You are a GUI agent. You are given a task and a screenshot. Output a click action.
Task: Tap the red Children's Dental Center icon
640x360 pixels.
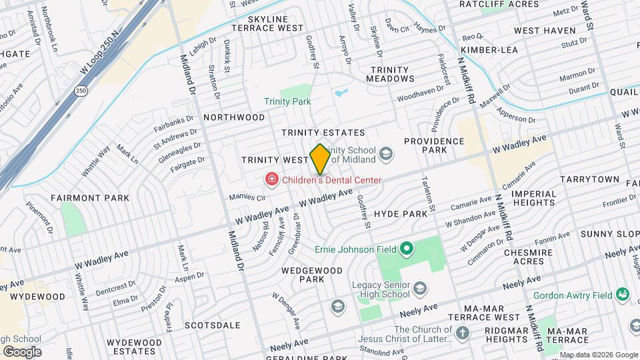(x=271, y=179)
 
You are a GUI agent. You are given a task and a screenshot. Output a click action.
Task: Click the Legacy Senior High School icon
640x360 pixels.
(x=420, y=288)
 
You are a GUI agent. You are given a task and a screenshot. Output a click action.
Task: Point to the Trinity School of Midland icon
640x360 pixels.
(x=385, y=155)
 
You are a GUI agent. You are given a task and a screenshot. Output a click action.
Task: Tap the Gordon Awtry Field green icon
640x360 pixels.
(x=623, y=293)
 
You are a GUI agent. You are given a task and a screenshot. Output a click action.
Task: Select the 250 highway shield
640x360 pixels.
(x=81, y=91)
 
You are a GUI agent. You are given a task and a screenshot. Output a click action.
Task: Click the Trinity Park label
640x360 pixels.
(x=287, y=101)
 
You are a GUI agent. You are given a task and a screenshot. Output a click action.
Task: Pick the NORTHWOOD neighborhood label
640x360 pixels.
(x=234, y=117)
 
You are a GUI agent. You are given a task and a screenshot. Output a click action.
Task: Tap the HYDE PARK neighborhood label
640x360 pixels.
(x=400, y=213)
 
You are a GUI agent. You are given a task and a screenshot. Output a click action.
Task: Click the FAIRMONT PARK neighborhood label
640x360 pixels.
(x=80, y=198)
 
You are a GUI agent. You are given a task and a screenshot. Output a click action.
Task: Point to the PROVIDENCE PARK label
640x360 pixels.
(x=434, y=146)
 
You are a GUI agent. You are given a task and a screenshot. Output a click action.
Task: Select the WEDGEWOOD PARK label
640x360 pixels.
(x=311, y=275)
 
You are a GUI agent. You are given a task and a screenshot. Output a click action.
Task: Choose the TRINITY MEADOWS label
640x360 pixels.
(x=393, y=74)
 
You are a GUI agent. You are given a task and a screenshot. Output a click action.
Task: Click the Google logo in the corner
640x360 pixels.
(x=21, y=351)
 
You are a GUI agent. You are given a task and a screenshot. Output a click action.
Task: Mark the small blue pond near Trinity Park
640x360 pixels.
(x=341, y=93)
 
